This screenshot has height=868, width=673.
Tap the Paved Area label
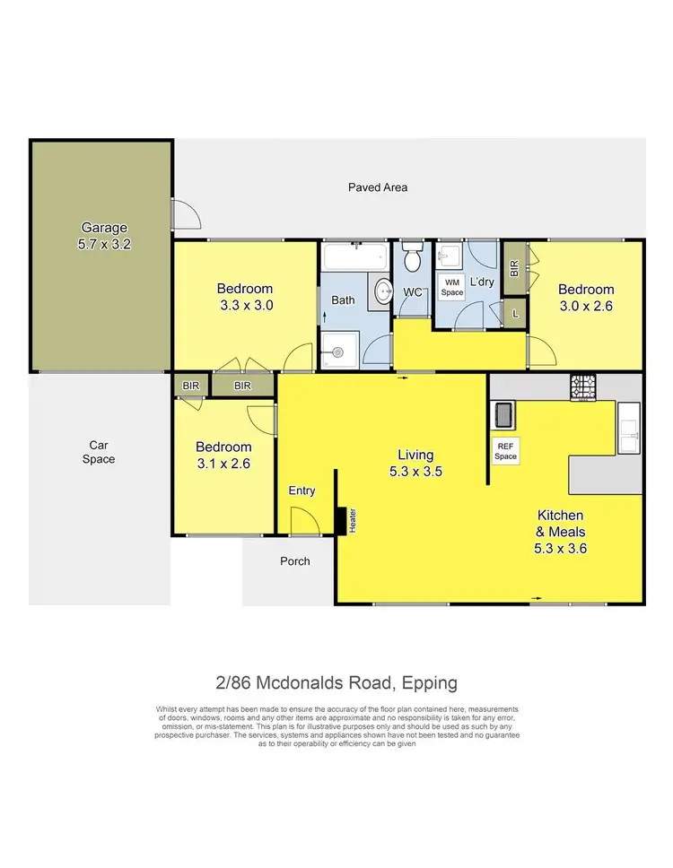pos(378,187)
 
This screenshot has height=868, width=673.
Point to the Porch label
pos(294,561)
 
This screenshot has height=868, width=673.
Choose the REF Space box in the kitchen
pos(506,451)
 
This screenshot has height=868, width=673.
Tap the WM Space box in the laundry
pos(451,288)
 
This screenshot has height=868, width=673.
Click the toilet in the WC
pos(413,259)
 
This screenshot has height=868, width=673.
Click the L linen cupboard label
pos(515,313)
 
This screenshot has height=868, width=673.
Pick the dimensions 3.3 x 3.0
pos(245,305)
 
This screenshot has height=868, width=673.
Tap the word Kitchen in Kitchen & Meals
pos(560,516)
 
